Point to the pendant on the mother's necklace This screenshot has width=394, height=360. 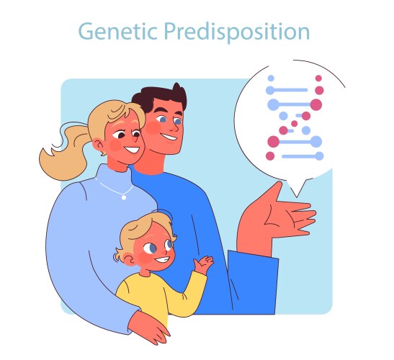(125, 196)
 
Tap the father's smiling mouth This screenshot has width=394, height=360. (169, 138)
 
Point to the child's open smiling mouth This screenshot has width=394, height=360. (164, 259)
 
